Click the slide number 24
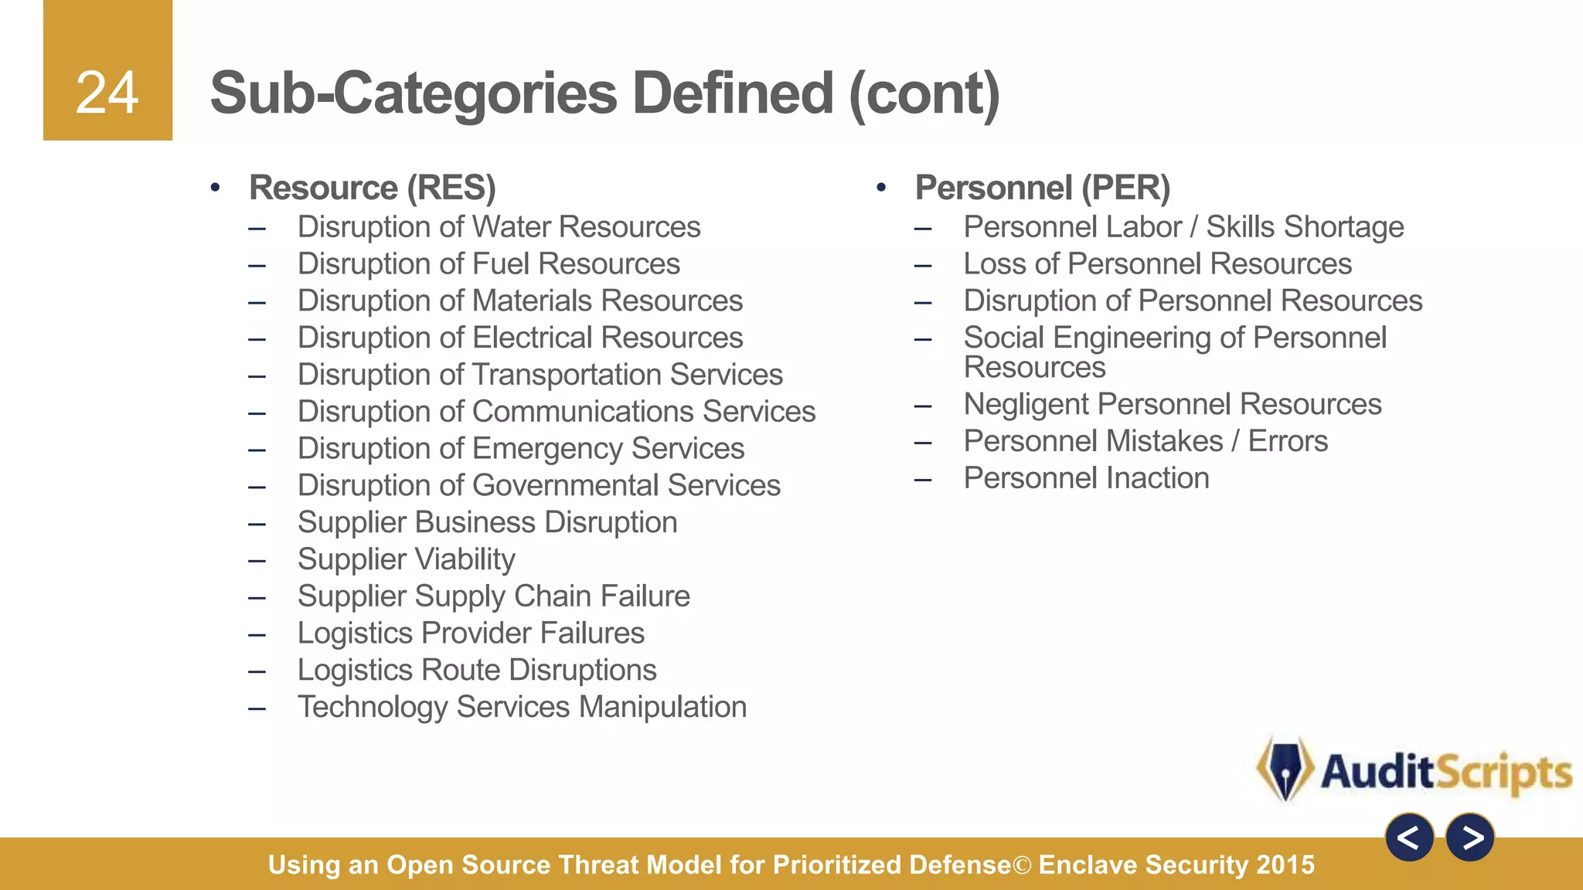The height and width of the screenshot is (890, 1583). (x=107, y=93)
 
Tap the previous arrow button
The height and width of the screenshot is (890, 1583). (x=1409, y=837)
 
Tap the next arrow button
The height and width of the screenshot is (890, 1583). (x=1470, y=837)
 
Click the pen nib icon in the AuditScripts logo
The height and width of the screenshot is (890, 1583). (x=1285, y=769)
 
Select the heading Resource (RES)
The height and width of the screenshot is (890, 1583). (x=372, y=188)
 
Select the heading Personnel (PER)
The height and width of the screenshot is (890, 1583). (x=1042, y=188)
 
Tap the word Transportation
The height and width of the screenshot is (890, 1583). (x=567, y=375)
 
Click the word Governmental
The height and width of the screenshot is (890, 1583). (x=565, y=486)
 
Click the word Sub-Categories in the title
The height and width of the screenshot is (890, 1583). (x=413, y=94)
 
